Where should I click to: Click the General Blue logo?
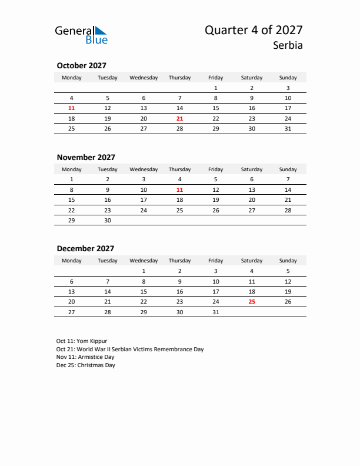81,35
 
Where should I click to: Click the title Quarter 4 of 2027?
254,31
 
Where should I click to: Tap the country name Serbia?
288,45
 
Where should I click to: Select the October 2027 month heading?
81,66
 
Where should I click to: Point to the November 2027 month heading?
86,157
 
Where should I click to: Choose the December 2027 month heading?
85,248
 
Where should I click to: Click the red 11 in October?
72,108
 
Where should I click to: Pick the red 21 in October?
179,118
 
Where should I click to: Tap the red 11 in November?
179,190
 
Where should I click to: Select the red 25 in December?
252,301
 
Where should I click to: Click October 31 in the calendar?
288,128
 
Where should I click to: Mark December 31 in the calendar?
215,312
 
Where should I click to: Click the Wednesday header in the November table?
144,169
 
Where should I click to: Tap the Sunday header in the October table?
288,78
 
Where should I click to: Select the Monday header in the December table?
72,261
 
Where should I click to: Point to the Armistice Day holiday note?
85,357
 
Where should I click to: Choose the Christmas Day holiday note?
86,365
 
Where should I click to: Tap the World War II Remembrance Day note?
130,349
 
